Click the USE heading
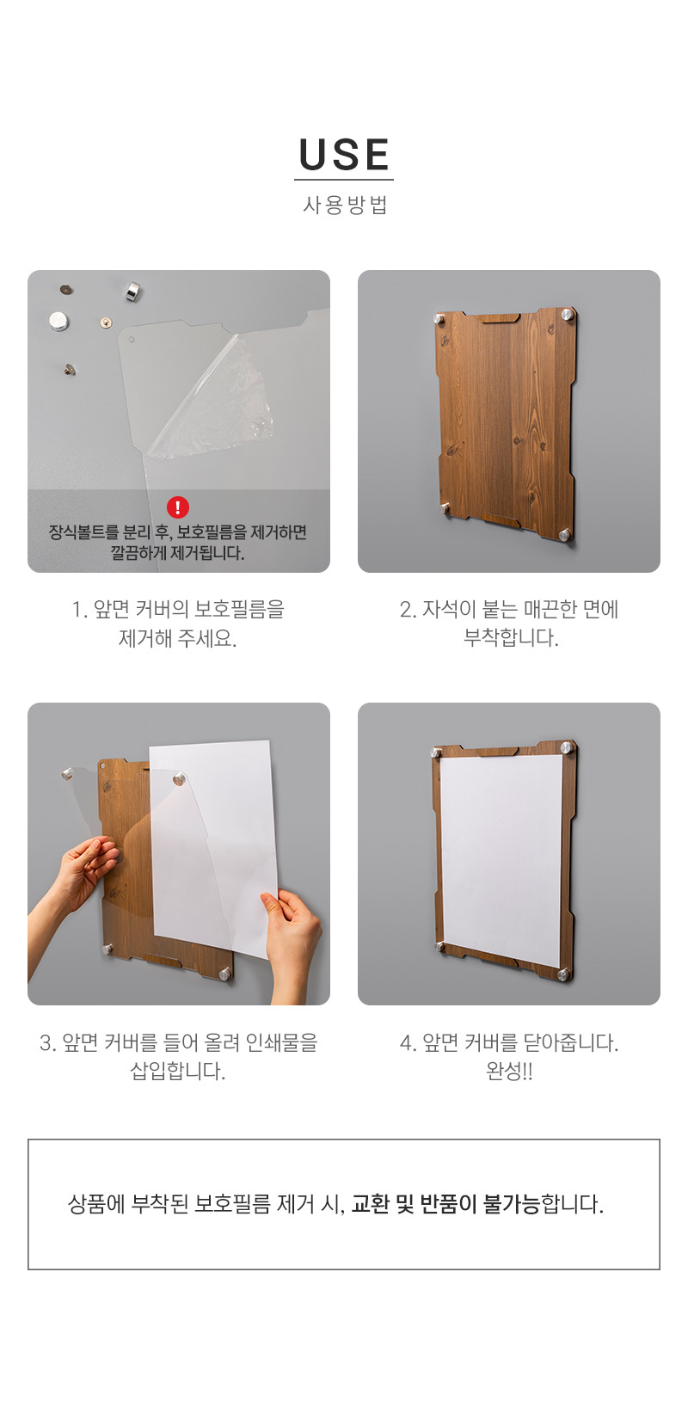click(x=344, y=155)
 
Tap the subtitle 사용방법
click(x=344, y=205)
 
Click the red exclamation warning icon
click(x=178, y=507)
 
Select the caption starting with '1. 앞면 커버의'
click(x=178, y=624)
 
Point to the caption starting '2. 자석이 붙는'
click(x=510, y=624)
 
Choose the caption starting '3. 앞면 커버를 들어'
click(x=178, y=1056)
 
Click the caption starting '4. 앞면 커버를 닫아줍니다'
click(x=510, y=1056)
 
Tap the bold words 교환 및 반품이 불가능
click(x=445, y=1203)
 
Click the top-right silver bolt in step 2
click(x=568, y=314)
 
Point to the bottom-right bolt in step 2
click(x=565, y=535)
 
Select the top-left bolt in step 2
click(x=439, y=319)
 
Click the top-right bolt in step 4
click(x=567, y=747)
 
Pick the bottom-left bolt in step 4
click(x=439, y=946)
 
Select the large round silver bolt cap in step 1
click(x=59, y=321)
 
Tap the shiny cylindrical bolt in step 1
click(x=132, y=292)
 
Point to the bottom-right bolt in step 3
click(x=225, y=974)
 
